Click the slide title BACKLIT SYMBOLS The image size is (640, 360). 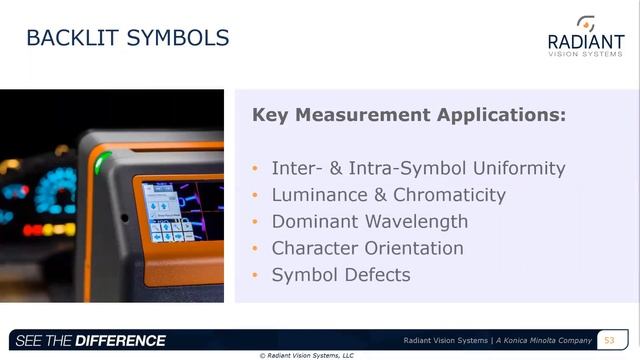point(127,39)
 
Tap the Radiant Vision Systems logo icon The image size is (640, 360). point(586,23)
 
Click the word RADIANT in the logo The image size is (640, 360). point(585,41)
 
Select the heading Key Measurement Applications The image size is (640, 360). point(409,115)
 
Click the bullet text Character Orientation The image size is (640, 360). point(367,248)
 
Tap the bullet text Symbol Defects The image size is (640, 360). point(340,274)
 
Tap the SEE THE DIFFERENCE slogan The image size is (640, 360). point(91,341)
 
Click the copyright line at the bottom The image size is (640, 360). point(306,355)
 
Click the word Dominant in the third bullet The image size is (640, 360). point(317,221)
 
